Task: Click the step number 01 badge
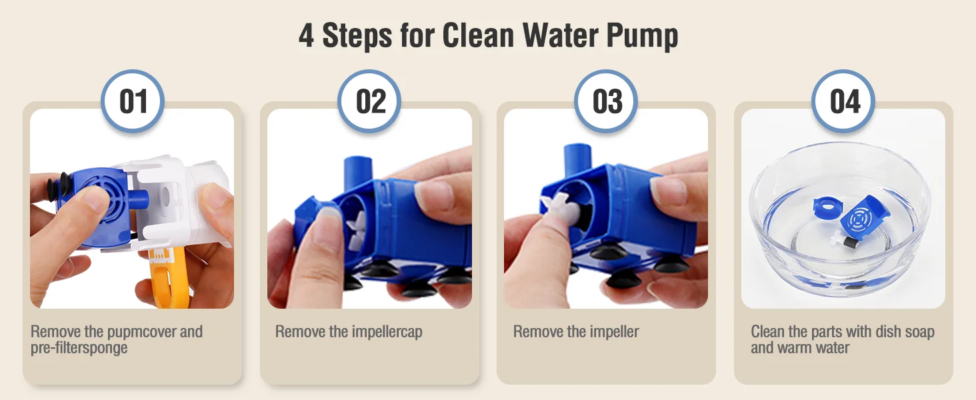133,101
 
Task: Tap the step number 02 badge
369,101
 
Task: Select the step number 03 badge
606,101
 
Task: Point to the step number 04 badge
843,101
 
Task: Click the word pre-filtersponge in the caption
79,348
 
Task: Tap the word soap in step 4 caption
919,331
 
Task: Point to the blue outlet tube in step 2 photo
358,172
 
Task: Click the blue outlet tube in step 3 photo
578,159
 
